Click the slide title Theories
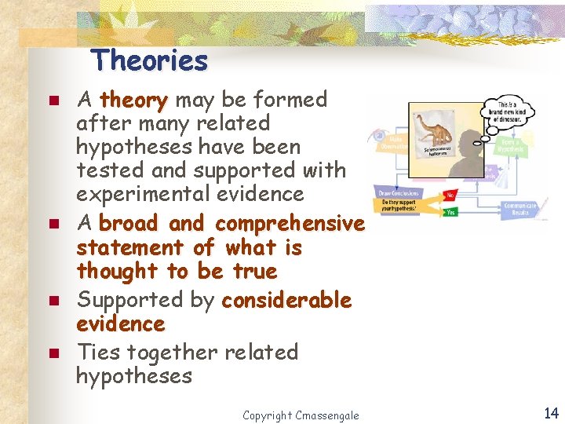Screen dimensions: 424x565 pyautogui.click(x=149, y=60)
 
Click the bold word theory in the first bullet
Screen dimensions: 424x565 pyautogui.click(x=134, y=100)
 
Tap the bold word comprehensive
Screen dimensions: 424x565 pyautogui.click(x=290, y=224)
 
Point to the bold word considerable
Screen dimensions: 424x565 pyautogui.click(x=287, y=300)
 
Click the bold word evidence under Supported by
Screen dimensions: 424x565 pyautogui.click(x=120, y=323)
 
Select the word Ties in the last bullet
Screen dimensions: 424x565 pyautogui.click(x=98, y=352)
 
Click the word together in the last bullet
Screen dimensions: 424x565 pyautogui.click(x=174, y=352)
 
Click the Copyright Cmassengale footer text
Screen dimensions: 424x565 pyautogui.click(x=301, y=415)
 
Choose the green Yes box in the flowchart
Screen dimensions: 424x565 pyautogui.click(x=450, y=211)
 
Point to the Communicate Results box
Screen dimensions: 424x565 pyautogui.click(x=519, y=209)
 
